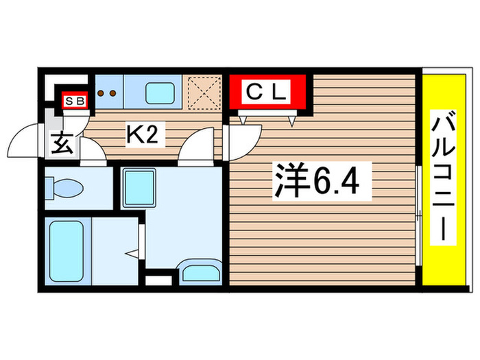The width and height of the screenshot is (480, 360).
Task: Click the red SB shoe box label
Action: click(74, 101)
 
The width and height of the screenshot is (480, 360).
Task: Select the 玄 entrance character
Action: click(61, 145)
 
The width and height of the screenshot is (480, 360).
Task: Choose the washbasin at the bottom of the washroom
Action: click(200, 274)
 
